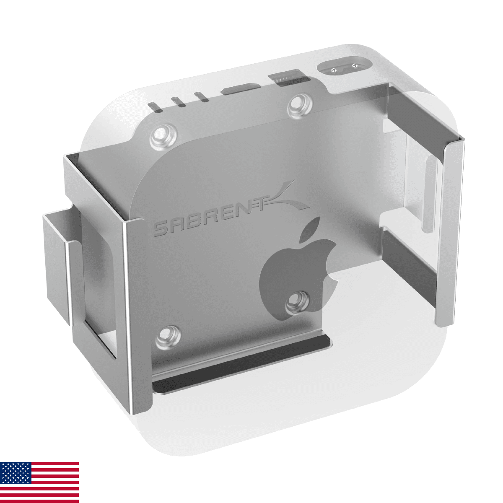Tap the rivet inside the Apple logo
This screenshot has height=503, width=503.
point(299,303)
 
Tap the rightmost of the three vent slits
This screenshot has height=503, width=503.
point(202,97)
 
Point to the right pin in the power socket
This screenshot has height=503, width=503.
point(355,65)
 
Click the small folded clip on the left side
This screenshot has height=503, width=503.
point(57,268)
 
